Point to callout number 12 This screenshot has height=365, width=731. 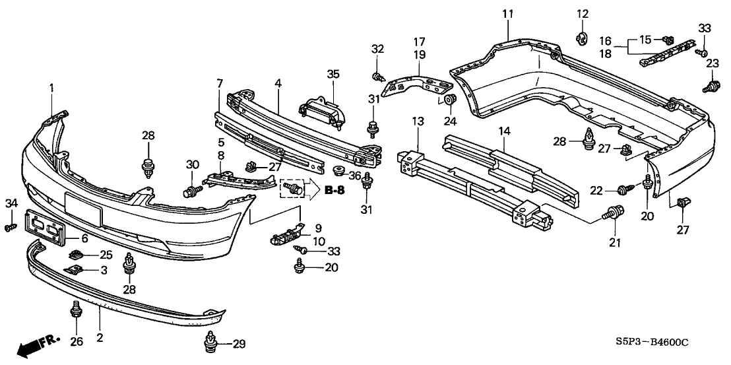click(582, 14)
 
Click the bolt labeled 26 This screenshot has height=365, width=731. click(75, 310)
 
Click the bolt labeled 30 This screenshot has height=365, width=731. click(192, 191)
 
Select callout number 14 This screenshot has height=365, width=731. click(504, 131)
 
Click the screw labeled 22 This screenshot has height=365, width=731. click(621, 191)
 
